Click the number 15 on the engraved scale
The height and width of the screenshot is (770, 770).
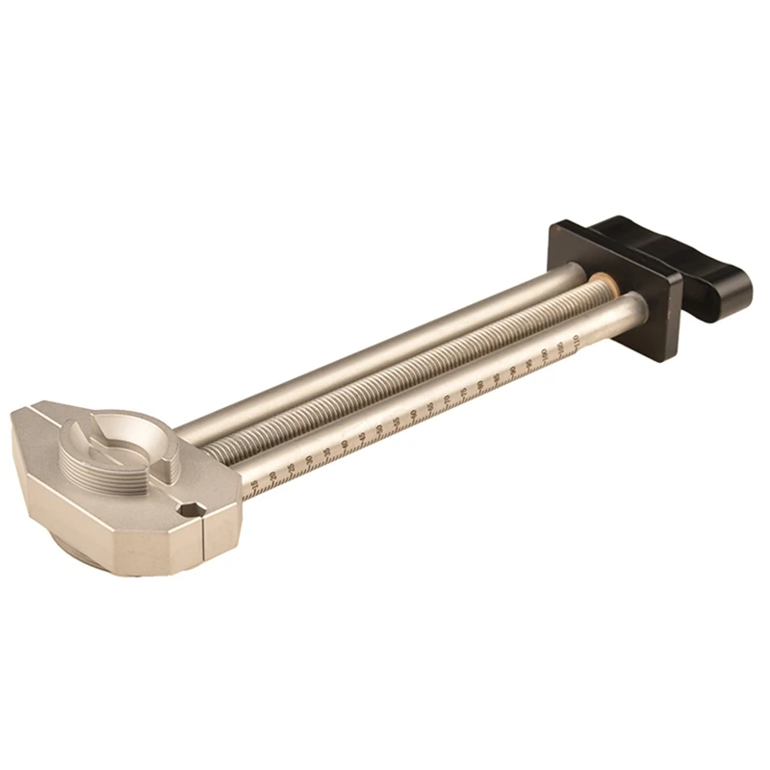point(253,486)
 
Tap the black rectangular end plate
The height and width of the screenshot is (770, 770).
point(616,289)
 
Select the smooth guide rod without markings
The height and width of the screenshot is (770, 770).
point(385,346)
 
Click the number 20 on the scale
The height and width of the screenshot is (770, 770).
point(273,476)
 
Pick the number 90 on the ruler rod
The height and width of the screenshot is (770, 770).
point(514,368)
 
